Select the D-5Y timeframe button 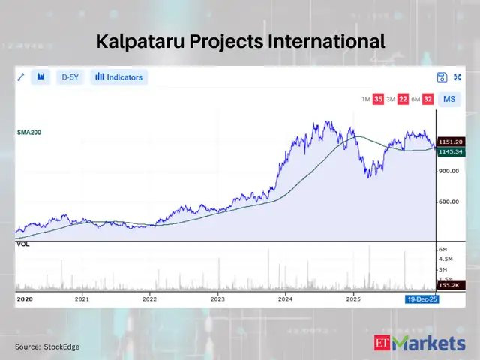(x=70, y=77)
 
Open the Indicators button (x=119, y=77)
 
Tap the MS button (x=449, y=99)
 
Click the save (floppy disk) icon (x=442, y=77)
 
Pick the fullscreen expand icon (x=457, y=77)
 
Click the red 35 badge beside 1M (x=379, y=99)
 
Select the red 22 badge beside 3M (x=403, y=99)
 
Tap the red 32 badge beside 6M (x=427, y=99)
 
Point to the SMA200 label (x=28, y=132)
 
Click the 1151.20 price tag (x=452, y=142)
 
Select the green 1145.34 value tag (x=452, y=151)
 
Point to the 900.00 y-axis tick (x=450, y=172)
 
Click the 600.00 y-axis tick (x=450, y=202)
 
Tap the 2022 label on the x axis (x=151, y=298)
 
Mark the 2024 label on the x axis (x=286, y=298)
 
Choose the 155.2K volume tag (x=451, y=285)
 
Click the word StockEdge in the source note (x=62, y=346)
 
